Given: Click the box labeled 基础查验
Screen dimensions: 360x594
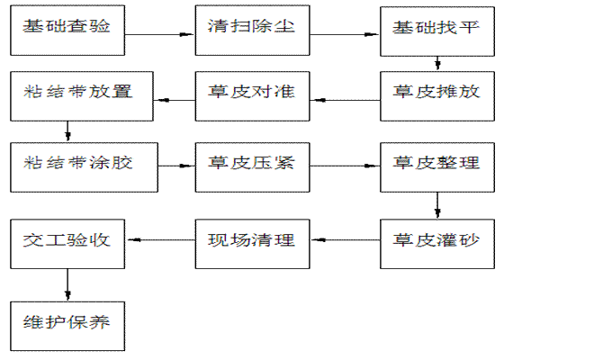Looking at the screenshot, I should coord(68,29).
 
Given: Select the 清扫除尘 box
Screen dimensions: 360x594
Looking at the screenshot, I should coord(253,29).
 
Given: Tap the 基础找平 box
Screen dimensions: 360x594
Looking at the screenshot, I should coord(436,29).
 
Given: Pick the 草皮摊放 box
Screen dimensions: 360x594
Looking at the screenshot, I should coord(436,94).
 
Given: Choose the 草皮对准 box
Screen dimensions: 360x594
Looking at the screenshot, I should coord(253,94).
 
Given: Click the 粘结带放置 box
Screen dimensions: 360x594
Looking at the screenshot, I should coord(68,94).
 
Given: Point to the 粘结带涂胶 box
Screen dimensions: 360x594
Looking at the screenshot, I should coord(68,166).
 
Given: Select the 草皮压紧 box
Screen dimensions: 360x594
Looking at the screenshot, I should coord(253,166).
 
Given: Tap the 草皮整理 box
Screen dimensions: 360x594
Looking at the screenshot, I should coord(436,166).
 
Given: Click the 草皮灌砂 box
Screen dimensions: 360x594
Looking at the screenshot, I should coord(436,241).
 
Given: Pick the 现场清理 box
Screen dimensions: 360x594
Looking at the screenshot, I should coord(253,241).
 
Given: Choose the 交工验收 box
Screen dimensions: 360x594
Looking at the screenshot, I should coord(68,241).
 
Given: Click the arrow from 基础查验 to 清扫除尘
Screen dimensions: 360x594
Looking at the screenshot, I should coord(160,34).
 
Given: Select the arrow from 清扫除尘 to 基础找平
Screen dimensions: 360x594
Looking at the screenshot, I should coord(345,34).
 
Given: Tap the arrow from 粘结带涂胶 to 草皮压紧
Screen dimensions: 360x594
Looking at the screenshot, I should coord(160,166).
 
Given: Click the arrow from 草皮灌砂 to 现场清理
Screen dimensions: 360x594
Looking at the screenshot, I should coord(345,240).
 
